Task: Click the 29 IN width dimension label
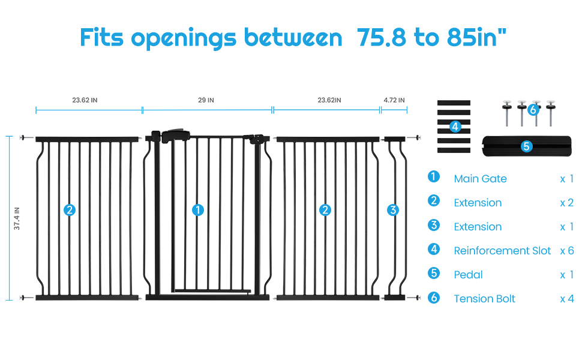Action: coord(206,100)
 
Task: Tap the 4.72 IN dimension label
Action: coord(394,100)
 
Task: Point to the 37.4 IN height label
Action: coord(17,218)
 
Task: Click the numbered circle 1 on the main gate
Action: coord(197,210)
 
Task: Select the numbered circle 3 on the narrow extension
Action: coord(393,210)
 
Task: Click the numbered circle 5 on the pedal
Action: coord(526,146)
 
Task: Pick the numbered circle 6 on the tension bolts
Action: coord(533,109)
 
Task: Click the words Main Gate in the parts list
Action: coord(480,179)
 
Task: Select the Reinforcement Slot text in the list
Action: coord(502,251)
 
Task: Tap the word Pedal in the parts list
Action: coord(468,275)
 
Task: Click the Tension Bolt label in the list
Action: coord(484,299)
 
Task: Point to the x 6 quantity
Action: coord(566,251)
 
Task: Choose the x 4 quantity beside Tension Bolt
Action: coord(566,299)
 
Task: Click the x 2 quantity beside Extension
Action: coord(566,203)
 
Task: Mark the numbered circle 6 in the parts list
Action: coord(434,297)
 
